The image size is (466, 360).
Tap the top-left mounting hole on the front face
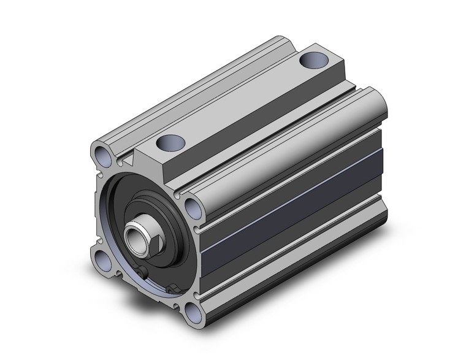[102, 153]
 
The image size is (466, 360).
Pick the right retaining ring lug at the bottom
[172, 289]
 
